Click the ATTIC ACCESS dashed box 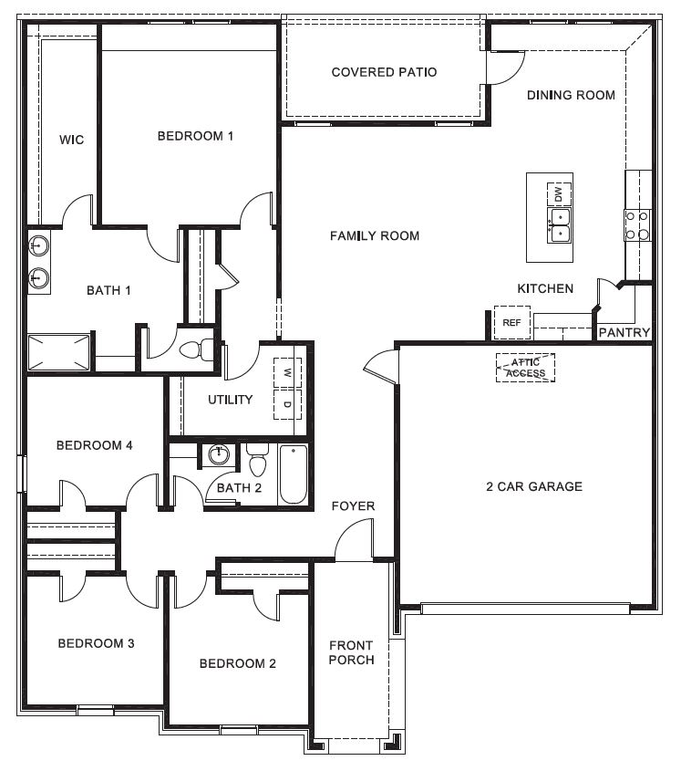coord(525,368)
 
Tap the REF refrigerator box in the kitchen coord(511,322)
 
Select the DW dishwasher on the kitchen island coord(559,194)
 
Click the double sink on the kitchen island coord(559,224)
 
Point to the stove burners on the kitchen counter coord(637,225)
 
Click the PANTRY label coord(624,333)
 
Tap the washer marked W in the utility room coord(287,373)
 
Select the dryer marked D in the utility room coord(287,404)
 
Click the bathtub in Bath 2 coord(293,474)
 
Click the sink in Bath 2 coord(219,455)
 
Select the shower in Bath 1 coord(60,352)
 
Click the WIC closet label coord(71,140)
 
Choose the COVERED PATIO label coord(384,72)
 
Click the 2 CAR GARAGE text coord(533,486)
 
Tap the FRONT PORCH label coord(351,652)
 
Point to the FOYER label coord(353,506)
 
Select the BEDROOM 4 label coord(95,445)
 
